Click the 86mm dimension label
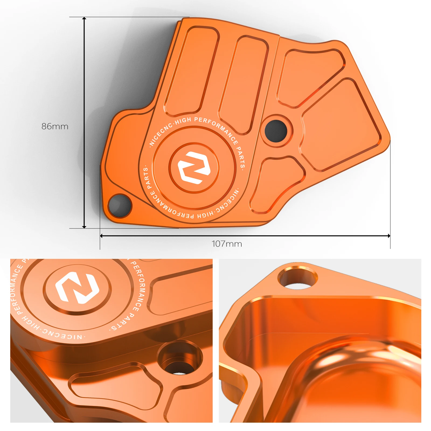click(55, 126)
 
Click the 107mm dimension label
click(227, 244)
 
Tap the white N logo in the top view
click(194, 168)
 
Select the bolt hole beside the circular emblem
click(276, 131)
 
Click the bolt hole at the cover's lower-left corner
click(119, 205)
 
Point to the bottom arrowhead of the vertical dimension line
click(84, 227)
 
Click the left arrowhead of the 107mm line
click(102, 236)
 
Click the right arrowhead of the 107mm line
click(389, 236)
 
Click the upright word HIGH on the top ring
click(183, 121)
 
